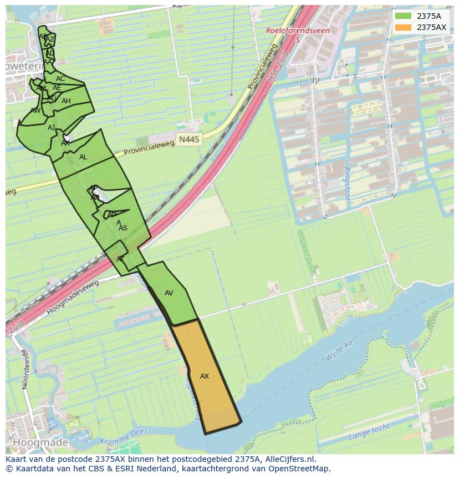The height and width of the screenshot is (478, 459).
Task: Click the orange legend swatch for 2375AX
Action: (x=403, y=27)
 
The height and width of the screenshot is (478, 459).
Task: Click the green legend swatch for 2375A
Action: (x=403, y=16)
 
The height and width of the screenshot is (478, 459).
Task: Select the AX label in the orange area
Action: (x=205, y=376)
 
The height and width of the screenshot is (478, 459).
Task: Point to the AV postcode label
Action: (x=169, y=293)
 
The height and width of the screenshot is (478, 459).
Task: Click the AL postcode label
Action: (x=83, y=157)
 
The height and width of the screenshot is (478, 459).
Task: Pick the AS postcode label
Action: (x=123, y=228)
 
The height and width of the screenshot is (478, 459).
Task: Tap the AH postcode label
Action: (x=66, y=101)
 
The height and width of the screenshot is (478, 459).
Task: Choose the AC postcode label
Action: (x=60, y=79)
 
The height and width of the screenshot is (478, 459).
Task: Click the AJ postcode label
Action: (x=52, y=128)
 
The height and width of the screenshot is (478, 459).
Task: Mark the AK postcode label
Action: (x=65, y=143)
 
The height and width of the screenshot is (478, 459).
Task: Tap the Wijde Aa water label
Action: (x=339, y=351)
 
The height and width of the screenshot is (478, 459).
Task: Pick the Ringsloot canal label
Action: (x=348, y=184)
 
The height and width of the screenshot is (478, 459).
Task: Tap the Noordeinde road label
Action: (x=24, y=369)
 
